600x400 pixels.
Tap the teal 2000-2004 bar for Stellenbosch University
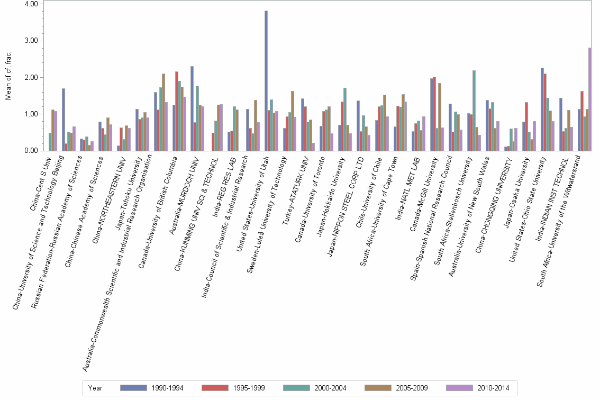pos(474,111)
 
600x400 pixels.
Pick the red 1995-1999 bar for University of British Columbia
pos(177,111)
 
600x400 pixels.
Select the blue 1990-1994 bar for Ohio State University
pos(542,109)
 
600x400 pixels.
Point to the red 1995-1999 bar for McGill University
pos(434,114)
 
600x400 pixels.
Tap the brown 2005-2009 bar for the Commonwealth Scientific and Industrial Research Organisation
pos(163,112)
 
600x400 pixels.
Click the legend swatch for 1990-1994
pos(133,388)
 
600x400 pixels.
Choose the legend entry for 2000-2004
pos(331,388)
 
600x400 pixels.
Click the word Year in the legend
pos(95,388)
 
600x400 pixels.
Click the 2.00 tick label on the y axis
pos(31,77)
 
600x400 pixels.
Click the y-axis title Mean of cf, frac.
pos(8,77)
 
